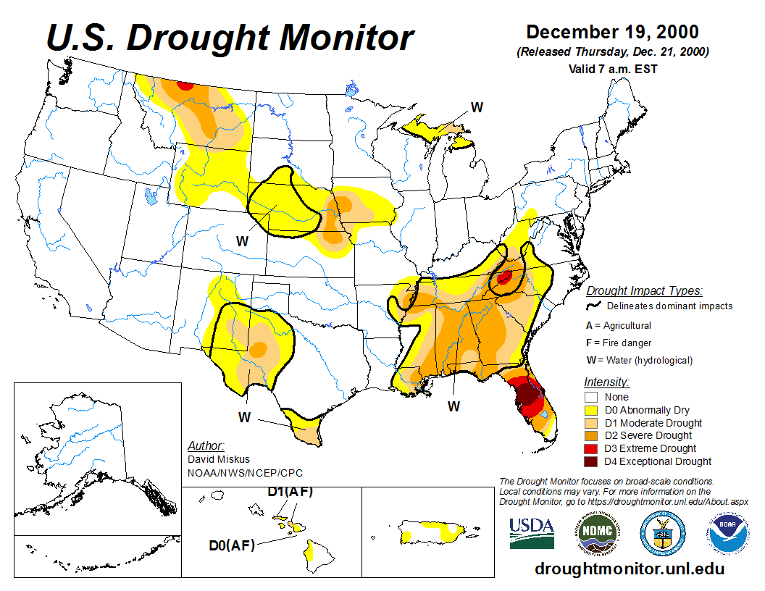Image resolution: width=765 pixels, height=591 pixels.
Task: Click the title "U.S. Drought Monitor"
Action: [230, 38]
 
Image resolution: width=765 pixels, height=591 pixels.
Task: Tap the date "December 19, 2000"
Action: [612, 33]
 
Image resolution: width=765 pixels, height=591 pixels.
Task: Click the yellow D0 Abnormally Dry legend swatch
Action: [591, 410]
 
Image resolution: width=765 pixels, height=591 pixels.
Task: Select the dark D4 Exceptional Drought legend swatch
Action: [591, 461]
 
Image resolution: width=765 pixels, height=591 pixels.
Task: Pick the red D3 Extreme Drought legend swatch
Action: [591, 448]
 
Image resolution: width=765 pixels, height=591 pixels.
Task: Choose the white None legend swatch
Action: [591, 397]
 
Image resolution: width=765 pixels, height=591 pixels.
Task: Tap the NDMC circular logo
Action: [598, 533]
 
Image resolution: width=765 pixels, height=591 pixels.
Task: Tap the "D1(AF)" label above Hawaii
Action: [290, 492]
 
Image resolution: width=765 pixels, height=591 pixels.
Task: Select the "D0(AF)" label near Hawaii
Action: [232, 545]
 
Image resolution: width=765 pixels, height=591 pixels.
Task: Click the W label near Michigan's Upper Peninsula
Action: [477, 107]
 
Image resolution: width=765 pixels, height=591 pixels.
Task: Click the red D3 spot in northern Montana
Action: [185, 85]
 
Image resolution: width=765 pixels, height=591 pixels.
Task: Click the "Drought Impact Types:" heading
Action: [644, 291]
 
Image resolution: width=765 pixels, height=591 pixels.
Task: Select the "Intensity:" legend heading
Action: [606, 382]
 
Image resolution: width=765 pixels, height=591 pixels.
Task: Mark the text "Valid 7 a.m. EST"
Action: [613, 70]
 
